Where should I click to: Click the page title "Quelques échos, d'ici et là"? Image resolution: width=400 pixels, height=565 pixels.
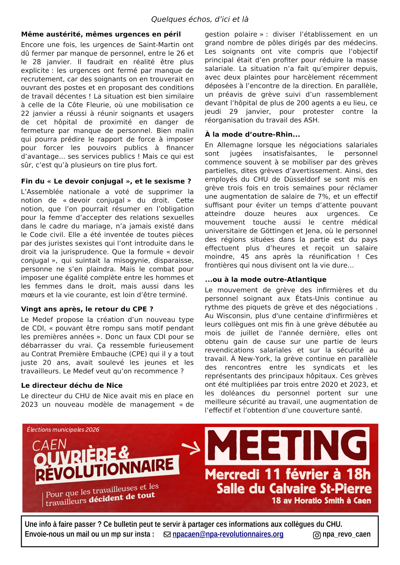(200, 19)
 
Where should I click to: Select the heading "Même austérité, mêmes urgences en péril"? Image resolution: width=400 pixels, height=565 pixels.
(101, 34)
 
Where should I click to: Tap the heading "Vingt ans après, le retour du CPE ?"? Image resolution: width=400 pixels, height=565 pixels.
(87, 309)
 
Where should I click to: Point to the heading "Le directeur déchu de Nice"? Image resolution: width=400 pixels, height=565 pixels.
(72, 385)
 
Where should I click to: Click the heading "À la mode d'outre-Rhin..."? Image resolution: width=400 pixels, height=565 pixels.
(252, 134)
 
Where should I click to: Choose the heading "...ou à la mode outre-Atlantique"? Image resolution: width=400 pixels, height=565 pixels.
(265, 279)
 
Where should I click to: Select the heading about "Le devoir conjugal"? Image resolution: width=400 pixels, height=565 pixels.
(106, 181)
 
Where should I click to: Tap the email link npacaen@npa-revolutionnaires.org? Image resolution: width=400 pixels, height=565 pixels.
(228, 534)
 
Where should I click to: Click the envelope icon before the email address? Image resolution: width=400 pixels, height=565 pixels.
(167, 534)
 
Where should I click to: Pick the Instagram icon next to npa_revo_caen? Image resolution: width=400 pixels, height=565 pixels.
(317, 535)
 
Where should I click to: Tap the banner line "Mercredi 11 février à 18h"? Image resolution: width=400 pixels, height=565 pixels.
(288, 474)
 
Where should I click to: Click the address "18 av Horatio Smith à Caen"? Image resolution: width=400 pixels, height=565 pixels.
(321, 500)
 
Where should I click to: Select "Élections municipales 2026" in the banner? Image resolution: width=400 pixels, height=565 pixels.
(63, 429)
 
